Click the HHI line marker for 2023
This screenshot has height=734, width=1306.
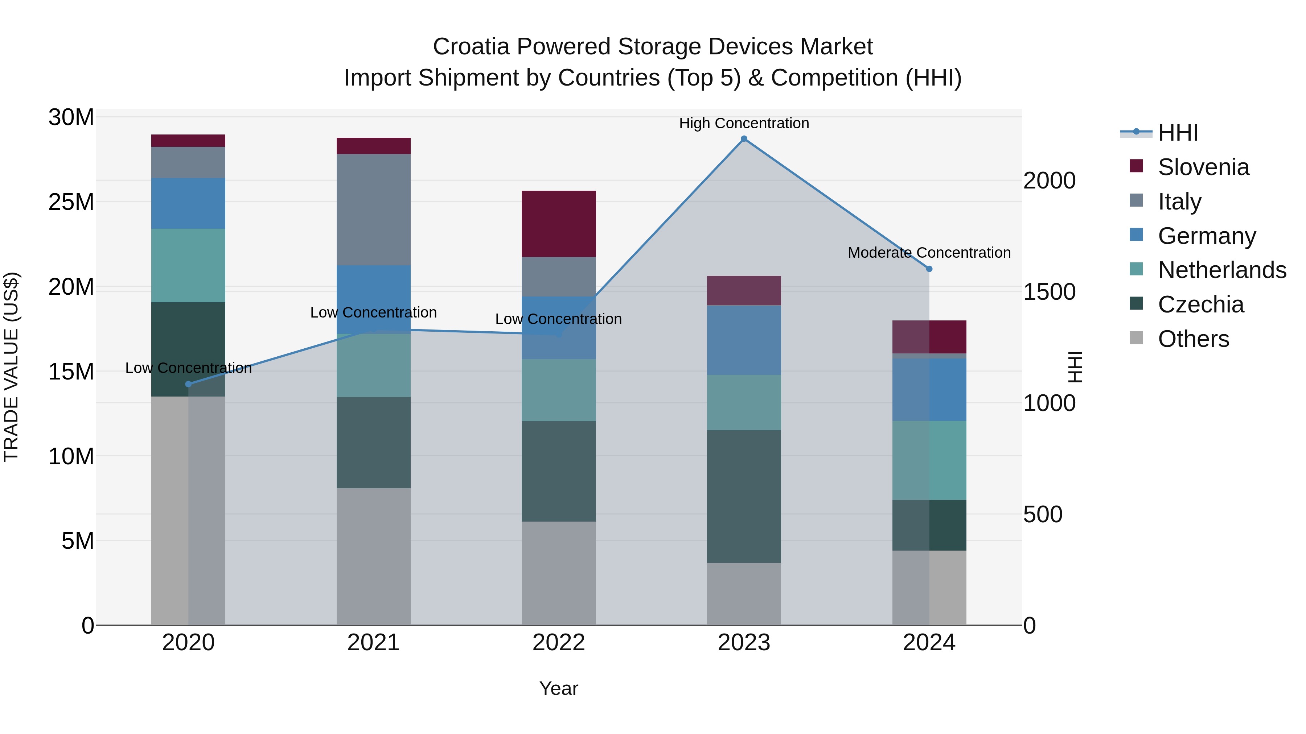744,139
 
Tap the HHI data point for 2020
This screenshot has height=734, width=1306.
189,384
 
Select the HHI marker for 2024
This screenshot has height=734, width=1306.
929,269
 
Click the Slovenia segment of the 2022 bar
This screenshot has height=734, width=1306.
559,224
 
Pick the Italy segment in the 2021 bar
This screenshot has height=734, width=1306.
374,210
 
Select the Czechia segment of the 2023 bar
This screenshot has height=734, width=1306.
744,497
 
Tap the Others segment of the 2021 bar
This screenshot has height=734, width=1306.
374,556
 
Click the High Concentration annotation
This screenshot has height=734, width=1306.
744,123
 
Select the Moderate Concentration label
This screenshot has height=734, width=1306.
929,252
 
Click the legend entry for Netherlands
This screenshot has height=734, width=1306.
1222,270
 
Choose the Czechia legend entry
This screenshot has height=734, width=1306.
1200,304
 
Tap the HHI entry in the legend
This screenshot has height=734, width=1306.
1178,133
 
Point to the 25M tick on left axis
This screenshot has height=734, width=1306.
71,202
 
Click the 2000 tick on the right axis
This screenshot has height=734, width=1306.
1049,181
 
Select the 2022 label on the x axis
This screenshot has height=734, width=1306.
559,643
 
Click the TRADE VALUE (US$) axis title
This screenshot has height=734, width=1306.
11,367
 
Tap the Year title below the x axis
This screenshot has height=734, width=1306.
559,688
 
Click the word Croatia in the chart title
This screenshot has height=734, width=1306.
471,47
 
